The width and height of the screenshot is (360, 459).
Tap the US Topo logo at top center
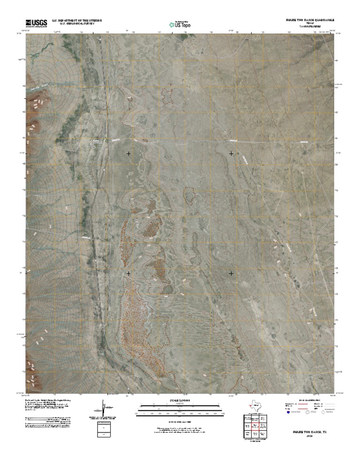pos(180,24)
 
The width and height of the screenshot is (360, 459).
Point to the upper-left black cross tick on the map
pos(128,154)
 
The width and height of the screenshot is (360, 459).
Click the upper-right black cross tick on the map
pos(231,154)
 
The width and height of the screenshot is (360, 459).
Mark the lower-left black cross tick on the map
pos(128,273)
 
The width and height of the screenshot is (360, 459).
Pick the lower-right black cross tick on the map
pos(231,273)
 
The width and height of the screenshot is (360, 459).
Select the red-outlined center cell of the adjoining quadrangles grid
pos(255,427)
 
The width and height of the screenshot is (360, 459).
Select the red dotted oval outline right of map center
pos(189,194)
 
